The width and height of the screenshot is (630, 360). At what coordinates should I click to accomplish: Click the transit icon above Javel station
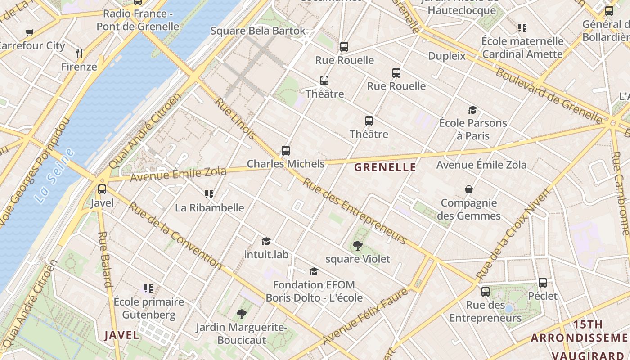click(x=102, y=189)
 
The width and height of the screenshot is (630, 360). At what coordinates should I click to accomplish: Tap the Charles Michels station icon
click(x=286, y=151)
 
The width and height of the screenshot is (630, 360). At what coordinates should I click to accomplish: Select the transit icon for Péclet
click(x=543, y=283)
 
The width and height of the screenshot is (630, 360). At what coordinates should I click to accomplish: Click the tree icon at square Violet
click(x=358, y=245)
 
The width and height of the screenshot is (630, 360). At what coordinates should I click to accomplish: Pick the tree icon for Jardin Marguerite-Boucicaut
click(x=242, y=314)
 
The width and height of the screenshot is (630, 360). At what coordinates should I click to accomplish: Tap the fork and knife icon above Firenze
click(x=80, y=54)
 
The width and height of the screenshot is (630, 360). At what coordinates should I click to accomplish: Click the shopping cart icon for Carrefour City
click(x=30, y=32)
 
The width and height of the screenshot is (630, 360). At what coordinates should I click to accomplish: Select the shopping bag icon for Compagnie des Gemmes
click(x=469, y=189)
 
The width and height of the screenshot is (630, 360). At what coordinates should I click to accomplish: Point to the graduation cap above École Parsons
click(x=472, y=110)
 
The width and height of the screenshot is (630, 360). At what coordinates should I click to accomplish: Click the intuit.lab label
click(x=266, y=254)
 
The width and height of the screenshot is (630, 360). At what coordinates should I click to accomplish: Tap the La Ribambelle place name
click(x=210, y=208)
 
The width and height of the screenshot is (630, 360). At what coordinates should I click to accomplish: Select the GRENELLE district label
click(x=385, y=167)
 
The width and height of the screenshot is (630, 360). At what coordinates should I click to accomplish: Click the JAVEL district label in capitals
click(x=121, y=335)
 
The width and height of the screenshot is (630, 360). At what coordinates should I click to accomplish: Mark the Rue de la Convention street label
click(x=175, y=236)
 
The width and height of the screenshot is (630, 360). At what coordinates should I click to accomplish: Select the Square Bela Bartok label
click(x=258, y=31)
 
